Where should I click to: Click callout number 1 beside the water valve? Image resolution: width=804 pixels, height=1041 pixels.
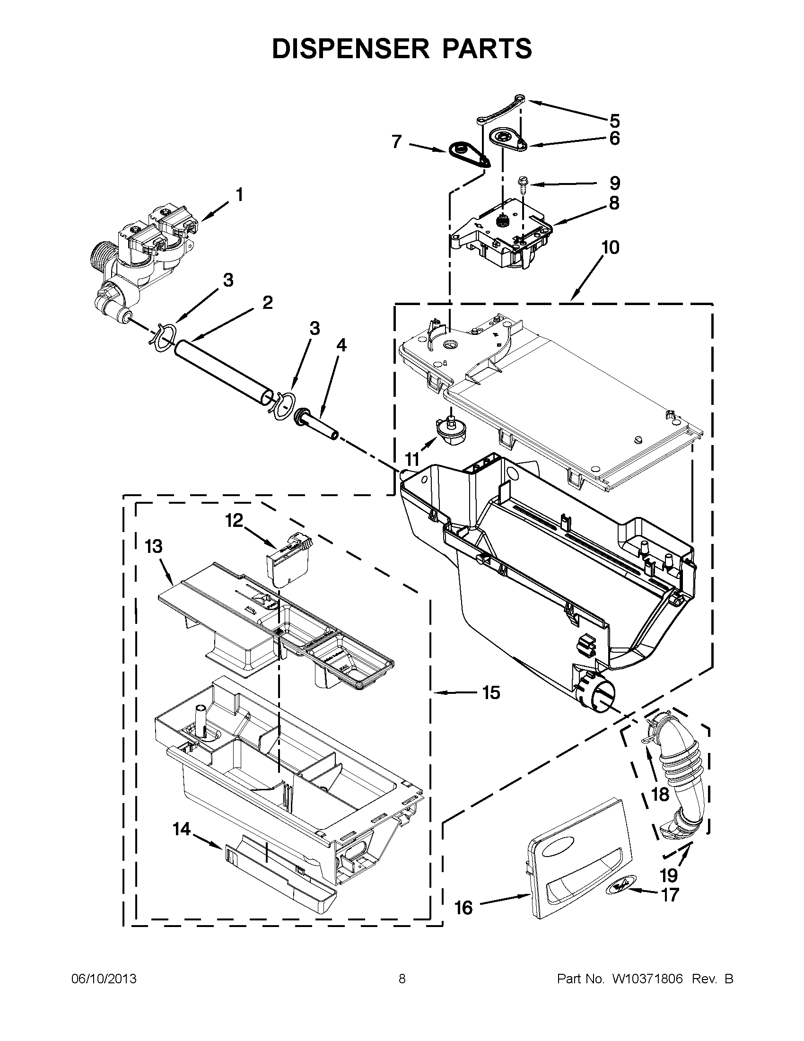pos(240,195)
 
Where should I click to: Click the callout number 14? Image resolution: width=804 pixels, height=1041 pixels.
pos(182,830)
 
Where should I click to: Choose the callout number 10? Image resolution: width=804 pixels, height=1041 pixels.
pos(610,247)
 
